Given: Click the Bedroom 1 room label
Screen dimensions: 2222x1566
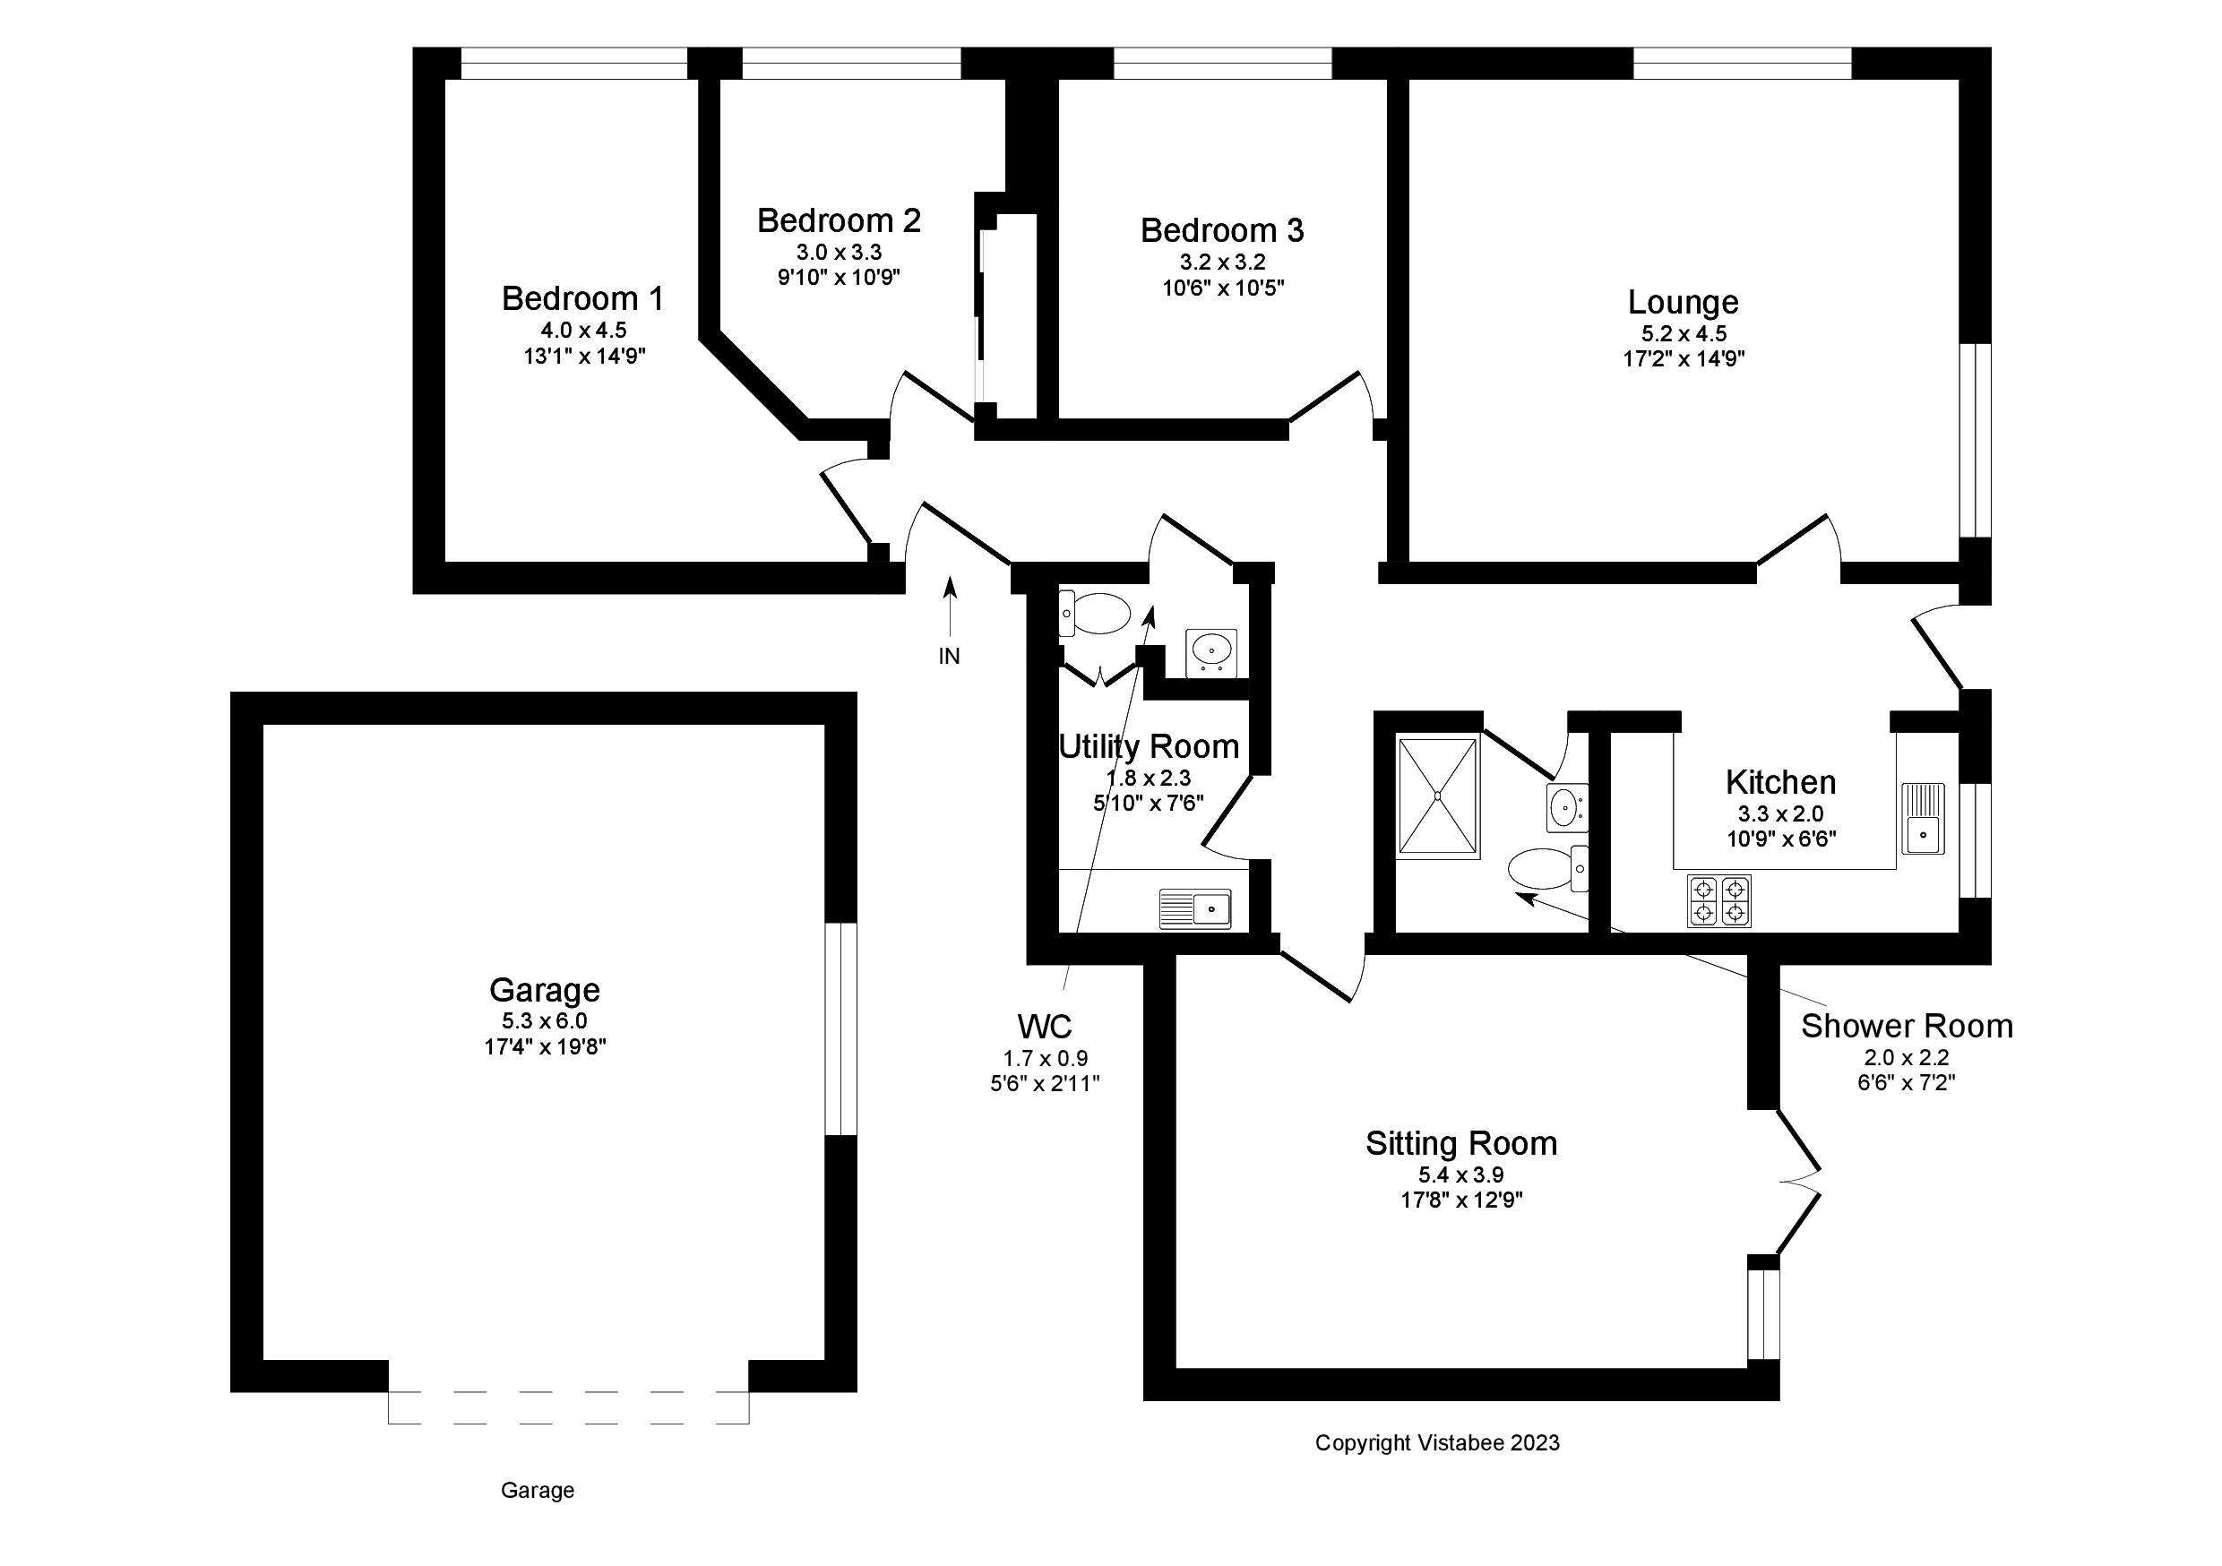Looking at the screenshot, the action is point(582,299).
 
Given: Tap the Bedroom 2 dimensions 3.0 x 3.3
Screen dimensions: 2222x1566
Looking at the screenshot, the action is point(839,253).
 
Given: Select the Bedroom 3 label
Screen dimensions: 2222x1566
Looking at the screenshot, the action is point(1221,231).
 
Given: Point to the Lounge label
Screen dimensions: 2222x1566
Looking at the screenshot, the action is point(1683,303).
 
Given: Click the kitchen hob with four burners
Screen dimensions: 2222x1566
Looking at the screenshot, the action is point(1718,901).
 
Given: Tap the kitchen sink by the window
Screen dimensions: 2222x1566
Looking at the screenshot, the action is point(1923,819).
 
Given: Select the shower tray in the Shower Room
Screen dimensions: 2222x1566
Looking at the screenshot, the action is point(1439,798).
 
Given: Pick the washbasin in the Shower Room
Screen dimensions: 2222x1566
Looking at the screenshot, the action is point(1565,807).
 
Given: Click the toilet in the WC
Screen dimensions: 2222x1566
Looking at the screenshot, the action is point(1096,614).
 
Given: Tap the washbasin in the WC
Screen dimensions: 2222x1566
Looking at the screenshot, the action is point(1211,650).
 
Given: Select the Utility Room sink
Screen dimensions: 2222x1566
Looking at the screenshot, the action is point(1195,910).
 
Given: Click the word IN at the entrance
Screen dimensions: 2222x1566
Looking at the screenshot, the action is point(950,656).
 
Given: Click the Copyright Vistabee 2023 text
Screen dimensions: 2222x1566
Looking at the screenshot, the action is point(1437,1443).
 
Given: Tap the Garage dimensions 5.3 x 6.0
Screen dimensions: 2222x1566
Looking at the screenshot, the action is point(544,1021).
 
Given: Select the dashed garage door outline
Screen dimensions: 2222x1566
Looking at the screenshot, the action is point(568,1407).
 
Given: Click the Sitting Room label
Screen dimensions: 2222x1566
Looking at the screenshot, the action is point(1461,1144).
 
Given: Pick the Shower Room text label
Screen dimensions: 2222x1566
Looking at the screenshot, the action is point(1907,1027).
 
